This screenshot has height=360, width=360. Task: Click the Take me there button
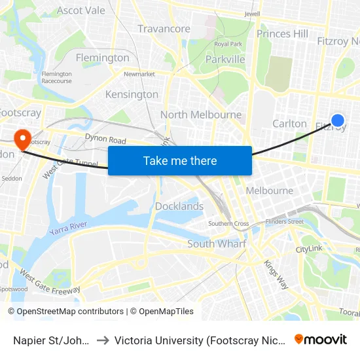tap(180, 160)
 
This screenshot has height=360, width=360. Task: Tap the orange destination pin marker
tap(22, 138)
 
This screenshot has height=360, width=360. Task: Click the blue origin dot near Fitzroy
tap(338, 120)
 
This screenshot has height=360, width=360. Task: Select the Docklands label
tap(179, 206)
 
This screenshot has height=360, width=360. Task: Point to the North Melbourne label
tap(201, 115)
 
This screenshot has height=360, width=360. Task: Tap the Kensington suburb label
tap(132, 94)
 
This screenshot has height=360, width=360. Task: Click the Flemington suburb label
tap(103, 58)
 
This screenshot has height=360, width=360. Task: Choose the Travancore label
tap(164, 29)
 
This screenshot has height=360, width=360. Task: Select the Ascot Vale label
tap(81, 10)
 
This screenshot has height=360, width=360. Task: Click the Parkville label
tap(225, 60)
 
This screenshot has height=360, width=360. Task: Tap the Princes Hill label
tap(282, 33)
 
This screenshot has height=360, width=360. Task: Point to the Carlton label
tap(289, 123)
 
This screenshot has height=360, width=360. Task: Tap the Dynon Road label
tap(105, 139)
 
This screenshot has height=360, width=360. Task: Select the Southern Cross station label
tap(228, 224)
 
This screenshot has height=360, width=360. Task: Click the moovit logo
tap(321, 339)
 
